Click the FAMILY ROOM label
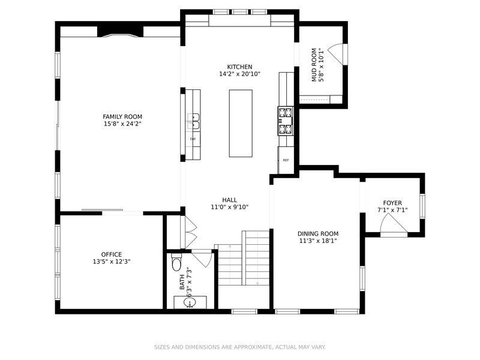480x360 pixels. [x=122, y=116]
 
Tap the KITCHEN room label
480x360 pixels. [x=239, y=67]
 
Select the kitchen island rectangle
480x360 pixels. [x=242, y=123]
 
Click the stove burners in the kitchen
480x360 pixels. [x=285, y=119]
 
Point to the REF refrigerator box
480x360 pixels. [x=286, y=160]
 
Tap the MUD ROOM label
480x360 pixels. [x=313, y=65]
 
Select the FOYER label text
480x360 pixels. [x=392, y=203]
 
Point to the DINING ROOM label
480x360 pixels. [x=318, y=233]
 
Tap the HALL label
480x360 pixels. [x=229, y=200]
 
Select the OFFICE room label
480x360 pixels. [x=112, y=254]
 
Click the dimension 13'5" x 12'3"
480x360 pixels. [x=112, y=262]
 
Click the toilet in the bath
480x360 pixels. [x=176, y=263]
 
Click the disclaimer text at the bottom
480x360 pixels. [x=239, y=347]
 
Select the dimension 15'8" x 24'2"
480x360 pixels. [x=122, y=124]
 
